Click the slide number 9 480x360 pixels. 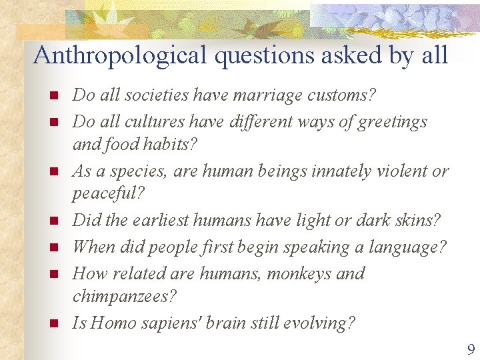[x=471, y=349]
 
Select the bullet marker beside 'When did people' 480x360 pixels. [x=55, y=248]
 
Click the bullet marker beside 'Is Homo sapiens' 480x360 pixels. [x=55, y=324]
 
